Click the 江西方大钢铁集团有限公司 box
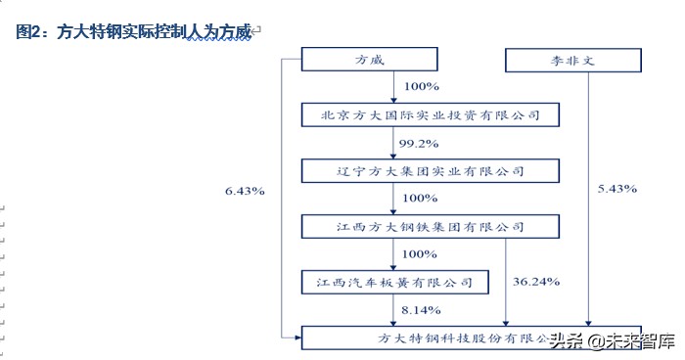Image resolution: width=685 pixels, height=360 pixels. coord(430,227)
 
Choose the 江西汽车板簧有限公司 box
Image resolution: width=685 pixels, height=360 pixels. coord(394,283)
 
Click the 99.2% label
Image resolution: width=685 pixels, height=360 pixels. coord(418,144)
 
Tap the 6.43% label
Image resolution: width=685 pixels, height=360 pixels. coord(244,191)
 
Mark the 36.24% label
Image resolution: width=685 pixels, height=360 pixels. coord(535,282)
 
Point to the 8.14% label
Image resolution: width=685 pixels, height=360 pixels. coord(418,310)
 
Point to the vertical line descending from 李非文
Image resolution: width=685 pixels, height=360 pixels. coord(590,196)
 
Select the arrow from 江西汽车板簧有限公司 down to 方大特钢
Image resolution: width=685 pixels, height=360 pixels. coord(394,311)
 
